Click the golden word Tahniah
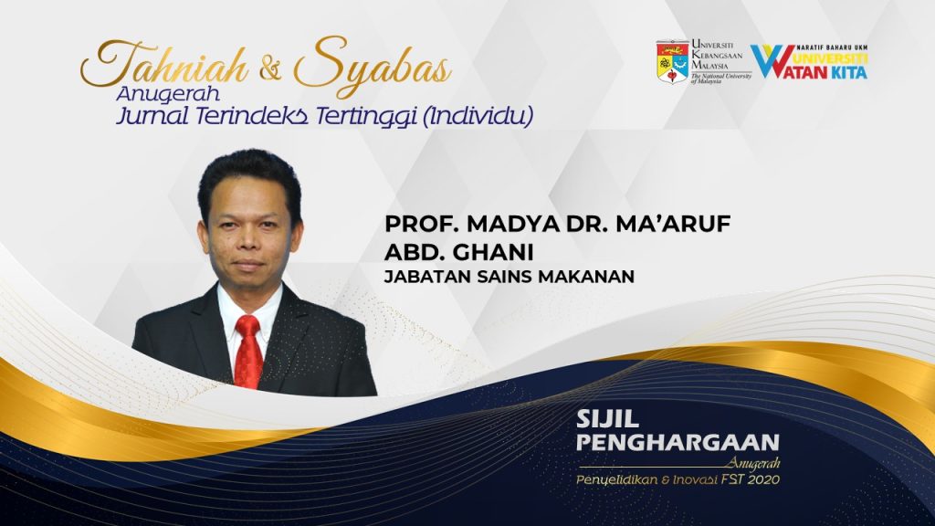[x=164, y=64]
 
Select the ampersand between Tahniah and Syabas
[x=270, y=69]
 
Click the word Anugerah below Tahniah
[x=168, y=94]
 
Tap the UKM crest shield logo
[x=673, y=61]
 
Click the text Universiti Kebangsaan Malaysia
[x=718, y=54]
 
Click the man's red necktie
[x=248, y=352]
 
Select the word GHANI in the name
[x=494, y=253]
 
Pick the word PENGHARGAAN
[x=678, y=443]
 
